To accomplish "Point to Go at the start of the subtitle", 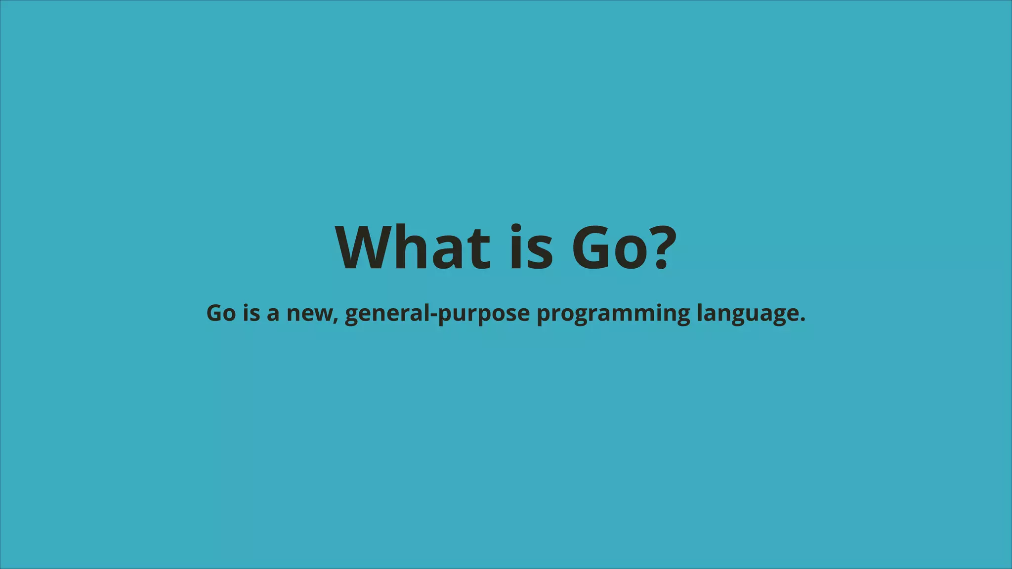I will [x=221, y=313].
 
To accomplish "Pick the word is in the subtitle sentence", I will [x=252, y=313].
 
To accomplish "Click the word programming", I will [x=613, y=314].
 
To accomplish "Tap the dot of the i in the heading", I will [x=515, y=229].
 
